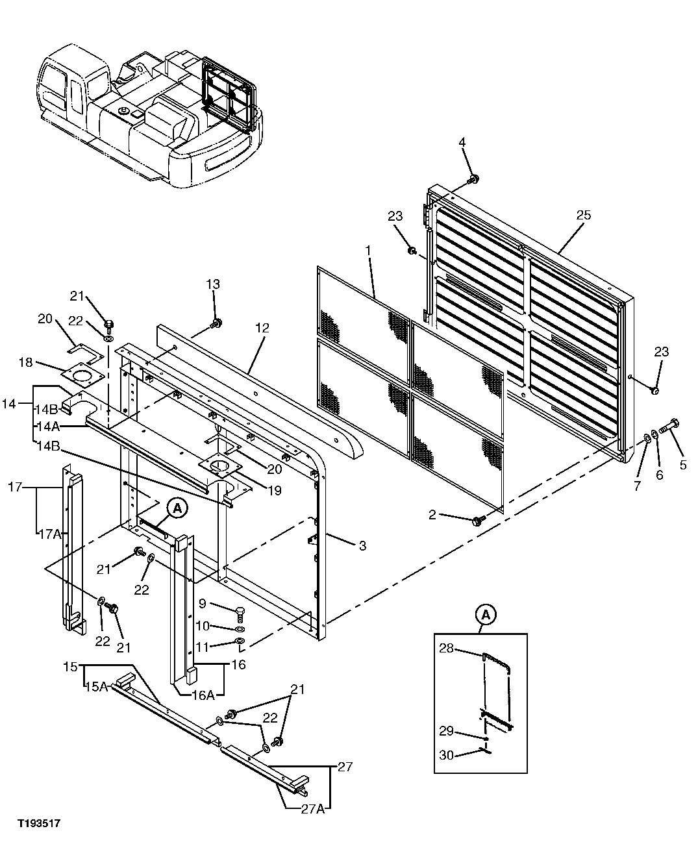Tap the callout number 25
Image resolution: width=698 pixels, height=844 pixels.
pos(584,215)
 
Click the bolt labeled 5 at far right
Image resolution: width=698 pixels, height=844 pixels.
pos(670,426)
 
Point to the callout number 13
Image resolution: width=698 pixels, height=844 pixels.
pos(214,284)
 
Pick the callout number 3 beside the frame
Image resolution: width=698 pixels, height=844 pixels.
pos(362,545)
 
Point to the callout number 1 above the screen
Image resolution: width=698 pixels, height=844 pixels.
pos(368,250)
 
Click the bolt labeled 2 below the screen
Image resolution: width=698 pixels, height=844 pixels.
pos(479,519)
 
